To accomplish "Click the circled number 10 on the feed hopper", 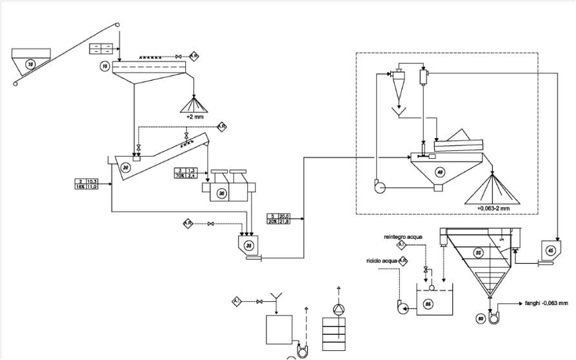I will pyautogui.click(x=30, y=63).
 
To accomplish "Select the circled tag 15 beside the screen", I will pyautogui.click(x=104, y=66).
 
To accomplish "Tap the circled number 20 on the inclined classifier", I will pyautogui.click(x=126, y=167).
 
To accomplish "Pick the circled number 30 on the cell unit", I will pyautogui.click(x=222, y=193).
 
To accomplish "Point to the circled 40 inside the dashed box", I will pyautogui.click(x=441, y=172).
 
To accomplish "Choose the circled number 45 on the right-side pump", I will pyautogui.click(x=550, y=251).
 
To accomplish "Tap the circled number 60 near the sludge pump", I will pyautogui.click(x=481, y=317).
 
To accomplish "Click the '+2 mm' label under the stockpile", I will pyautogui.click(x=194, y=117).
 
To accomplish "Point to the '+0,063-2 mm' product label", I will pyautogui.click(x=493, y=208).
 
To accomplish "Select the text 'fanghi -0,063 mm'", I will pyautogui.click(x=546, y=303).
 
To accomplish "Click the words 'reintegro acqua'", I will pyautogui.click(x=403, y=237).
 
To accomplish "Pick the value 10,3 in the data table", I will pyautogui.click(x=92, y=181).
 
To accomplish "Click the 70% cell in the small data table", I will pyautogui.click(x=180, y=175).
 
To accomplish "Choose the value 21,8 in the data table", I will pyautogui.click(x=284, y=222).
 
